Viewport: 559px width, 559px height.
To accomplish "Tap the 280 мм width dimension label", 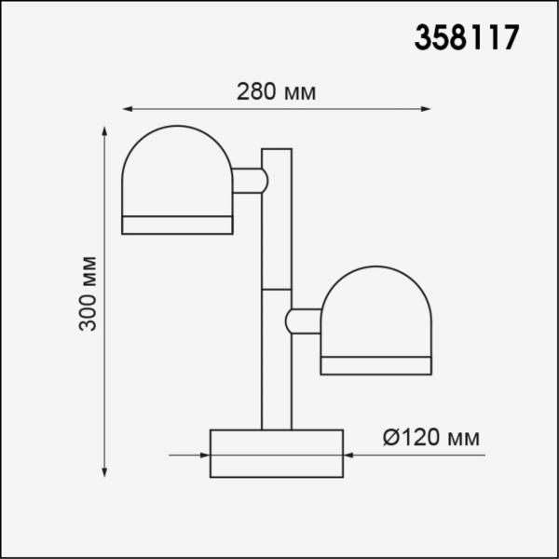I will [x=277, y=92].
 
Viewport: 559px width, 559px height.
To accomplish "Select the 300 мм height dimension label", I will [x=89, y=293].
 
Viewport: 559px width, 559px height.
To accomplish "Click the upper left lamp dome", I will [x=177, y=172].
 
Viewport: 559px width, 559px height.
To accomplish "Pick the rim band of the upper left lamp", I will [x=177, y=225].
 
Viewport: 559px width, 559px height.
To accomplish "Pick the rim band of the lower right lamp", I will [x=377, y=364].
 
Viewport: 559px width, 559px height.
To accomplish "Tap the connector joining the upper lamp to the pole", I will [x=249, y=180].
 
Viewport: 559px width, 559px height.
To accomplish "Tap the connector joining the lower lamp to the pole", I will [x=304, y=320].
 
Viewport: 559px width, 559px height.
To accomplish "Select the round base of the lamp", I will [x=277, y=454].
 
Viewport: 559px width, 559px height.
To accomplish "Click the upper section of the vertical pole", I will [x=277, y=219].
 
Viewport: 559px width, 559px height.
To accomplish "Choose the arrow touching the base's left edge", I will [x=203, y=456].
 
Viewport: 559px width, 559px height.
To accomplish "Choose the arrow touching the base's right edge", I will [x=350, y=456].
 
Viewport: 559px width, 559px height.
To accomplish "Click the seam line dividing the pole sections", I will [x=277, y=290].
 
